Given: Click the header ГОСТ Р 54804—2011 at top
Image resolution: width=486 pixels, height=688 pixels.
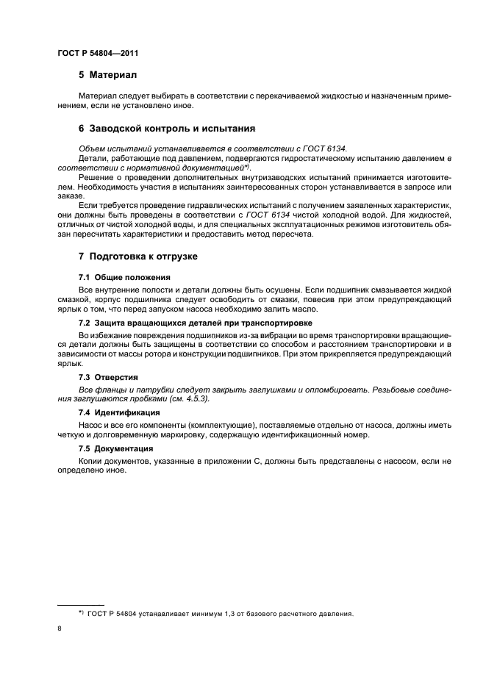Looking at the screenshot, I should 98,54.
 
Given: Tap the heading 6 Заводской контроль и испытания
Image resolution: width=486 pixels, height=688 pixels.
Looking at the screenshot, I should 167,128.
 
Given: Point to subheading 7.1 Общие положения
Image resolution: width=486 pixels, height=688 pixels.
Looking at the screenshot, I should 124,277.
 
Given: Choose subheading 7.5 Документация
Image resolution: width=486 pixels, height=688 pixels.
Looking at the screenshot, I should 115,448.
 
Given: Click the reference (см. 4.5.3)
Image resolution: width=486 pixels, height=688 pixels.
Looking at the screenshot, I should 187,398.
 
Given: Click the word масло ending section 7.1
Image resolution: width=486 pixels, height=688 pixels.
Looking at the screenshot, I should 282,308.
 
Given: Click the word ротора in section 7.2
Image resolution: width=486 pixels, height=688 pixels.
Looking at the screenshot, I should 183,354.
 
